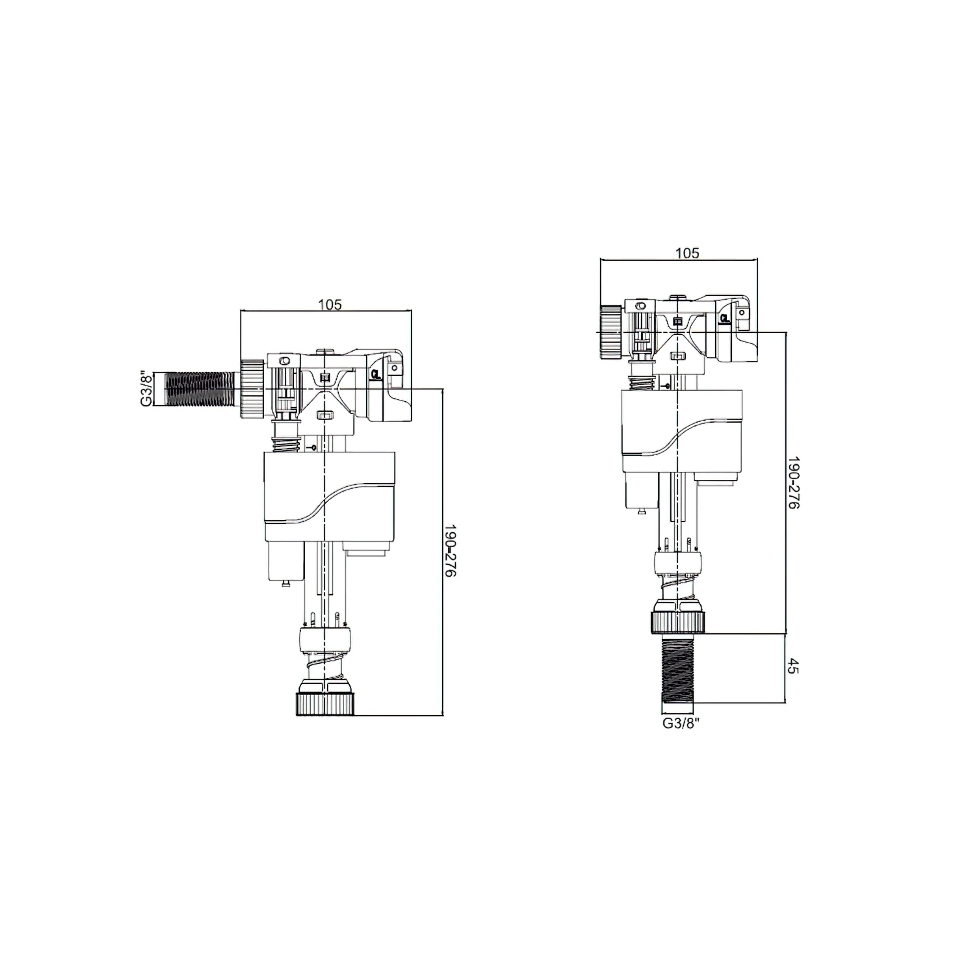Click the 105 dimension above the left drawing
pos(330,304)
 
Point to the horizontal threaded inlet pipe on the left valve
pos(201,389)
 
